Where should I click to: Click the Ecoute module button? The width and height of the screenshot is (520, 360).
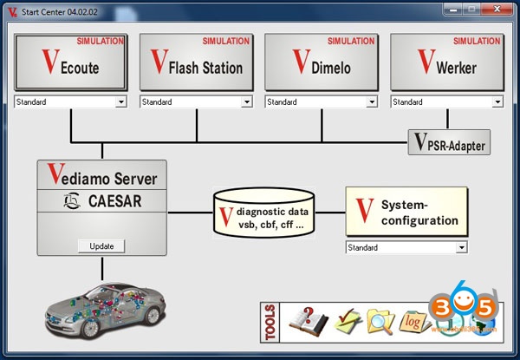(x=69, y=62)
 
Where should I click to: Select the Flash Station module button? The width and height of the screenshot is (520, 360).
(x=195, y=62)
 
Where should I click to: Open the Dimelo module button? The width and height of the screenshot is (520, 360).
(x=320, y=62)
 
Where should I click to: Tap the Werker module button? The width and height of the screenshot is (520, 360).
(x=446, y=62)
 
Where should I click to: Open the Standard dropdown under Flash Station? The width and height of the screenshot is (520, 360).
(x=197, y=102)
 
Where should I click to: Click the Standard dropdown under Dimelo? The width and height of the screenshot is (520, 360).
(x=322, y=102)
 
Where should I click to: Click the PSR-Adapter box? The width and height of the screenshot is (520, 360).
(x=448, y=142)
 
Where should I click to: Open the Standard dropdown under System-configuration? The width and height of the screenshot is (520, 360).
(x=406, y=247)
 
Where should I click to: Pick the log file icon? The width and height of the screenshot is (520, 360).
(x=414, y=322)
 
